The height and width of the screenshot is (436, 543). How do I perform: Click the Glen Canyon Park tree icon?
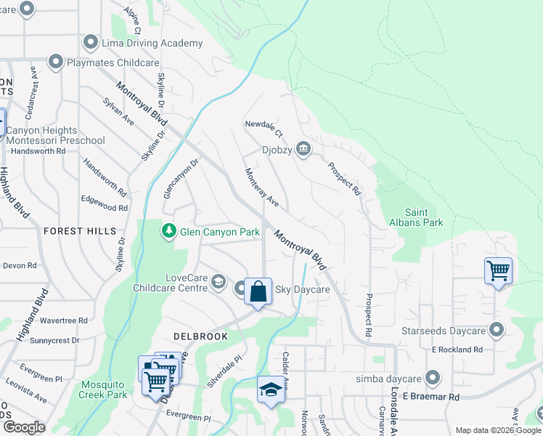point(168,231)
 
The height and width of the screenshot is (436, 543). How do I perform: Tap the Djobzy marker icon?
point(303,150)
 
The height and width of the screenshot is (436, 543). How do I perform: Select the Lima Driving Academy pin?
point(91,43)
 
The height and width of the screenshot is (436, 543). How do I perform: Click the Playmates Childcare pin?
point(55,62)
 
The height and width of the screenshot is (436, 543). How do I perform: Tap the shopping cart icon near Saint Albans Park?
point(498,271)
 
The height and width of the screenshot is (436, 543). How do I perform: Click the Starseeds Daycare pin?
point(497,331)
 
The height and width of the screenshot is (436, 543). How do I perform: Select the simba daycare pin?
point(433,378)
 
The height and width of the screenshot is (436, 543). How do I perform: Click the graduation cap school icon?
point(271,389)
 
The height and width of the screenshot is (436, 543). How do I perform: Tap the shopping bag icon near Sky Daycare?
point(258,292)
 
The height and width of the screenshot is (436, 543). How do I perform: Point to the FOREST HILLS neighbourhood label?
point(80,231)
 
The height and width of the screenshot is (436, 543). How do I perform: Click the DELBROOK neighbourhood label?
point(201,336)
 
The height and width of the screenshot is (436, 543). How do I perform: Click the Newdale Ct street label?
point(263,128)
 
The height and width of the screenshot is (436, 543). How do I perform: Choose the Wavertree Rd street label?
point(64,320)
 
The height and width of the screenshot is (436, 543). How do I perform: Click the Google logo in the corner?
point(25,427)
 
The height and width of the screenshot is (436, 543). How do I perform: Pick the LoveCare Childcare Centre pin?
point(219,284)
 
